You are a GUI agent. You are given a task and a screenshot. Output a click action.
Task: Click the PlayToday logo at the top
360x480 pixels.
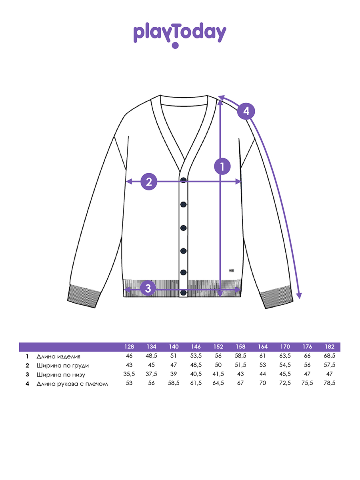coord(180,35)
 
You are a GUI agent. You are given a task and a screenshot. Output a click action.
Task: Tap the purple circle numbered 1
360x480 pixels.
coord(222,166)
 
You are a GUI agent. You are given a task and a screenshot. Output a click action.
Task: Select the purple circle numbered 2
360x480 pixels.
coord(149,182)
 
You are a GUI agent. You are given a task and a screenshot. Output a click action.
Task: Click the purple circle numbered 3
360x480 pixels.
coord(148,288)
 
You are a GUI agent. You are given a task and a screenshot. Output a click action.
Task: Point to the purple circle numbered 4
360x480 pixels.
coord(246,111)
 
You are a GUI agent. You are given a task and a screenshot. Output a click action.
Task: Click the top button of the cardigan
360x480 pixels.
coord(183,180)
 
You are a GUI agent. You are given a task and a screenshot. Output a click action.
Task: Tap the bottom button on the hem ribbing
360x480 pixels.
coord(183,292)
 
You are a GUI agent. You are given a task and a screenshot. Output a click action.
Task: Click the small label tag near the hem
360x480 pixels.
coord(231,270)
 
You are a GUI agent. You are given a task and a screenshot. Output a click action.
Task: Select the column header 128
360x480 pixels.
coord(129,347)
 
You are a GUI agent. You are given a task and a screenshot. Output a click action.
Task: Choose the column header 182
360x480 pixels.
coord(330,347)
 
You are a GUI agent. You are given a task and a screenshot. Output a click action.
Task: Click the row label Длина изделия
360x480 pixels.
coord(58,357)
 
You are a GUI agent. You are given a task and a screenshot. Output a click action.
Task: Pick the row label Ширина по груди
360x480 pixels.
coord(62,366)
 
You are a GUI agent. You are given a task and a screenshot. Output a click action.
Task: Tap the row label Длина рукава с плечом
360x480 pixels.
coord(72,384)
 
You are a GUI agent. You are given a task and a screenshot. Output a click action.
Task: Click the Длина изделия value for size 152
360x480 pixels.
coord(218,356)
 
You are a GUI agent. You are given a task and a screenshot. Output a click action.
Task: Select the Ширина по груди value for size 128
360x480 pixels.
coord(129,365)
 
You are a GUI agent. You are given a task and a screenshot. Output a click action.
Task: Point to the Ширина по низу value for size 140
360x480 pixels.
coord(173,374)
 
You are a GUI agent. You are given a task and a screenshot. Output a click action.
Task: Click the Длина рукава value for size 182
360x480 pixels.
coord(329,383)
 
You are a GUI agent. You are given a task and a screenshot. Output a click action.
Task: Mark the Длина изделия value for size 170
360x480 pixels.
coord(285,356)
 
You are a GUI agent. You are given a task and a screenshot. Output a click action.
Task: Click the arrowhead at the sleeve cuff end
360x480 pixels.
coord(300,296)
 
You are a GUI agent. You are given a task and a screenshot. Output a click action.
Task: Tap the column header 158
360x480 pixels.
coord(240,347)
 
